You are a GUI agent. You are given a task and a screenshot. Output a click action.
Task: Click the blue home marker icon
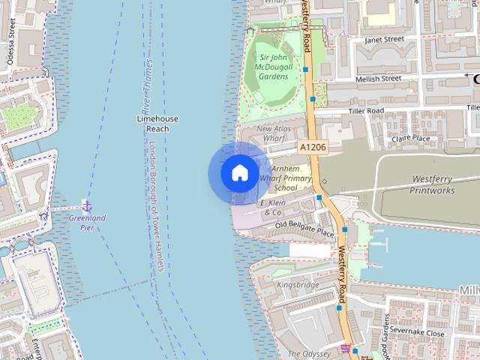point(239,173)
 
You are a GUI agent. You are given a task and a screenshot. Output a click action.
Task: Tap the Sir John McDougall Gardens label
point(274,67)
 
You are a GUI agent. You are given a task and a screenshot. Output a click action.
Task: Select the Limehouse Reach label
point(157,124)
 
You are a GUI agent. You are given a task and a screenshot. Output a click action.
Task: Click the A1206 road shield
point(312,148)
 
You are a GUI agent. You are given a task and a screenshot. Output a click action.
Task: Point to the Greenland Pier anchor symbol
point(87,205)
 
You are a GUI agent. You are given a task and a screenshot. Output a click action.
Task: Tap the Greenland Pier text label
point(87,222)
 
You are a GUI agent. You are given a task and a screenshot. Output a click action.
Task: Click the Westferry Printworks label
point(432,184)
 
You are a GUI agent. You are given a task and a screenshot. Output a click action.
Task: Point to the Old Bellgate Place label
point(304,228)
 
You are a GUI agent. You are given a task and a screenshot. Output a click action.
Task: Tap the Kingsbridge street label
point(298,285)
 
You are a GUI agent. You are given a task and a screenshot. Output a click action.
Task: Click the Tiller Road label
point(366,111)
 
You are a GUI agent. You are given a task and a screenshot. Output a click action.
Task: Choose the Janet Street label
point(383,39)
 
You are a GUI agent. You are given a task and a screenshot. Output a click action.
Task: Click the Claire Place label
point(411,138)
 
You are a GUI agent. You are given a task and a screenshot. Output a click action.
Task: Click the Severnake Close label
point(417,331)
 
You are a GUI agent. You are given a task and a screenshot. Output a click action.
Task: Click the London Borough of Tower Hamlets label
point(157,195)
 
